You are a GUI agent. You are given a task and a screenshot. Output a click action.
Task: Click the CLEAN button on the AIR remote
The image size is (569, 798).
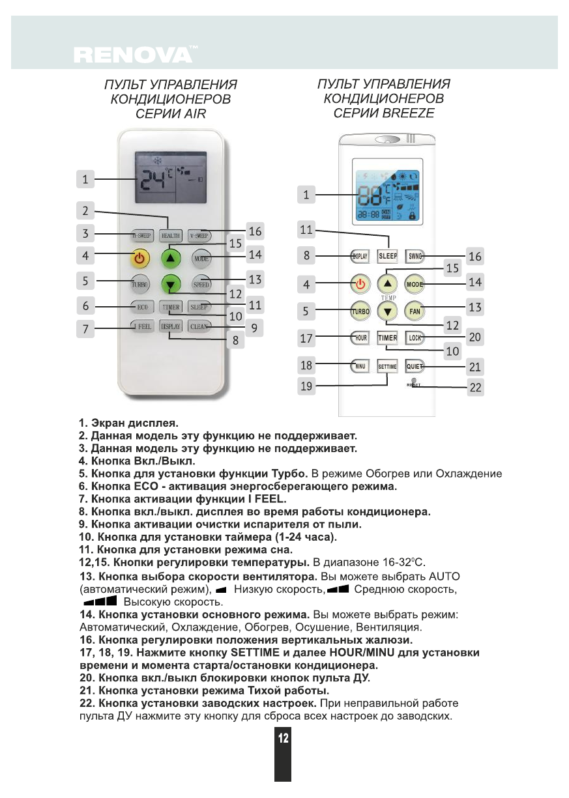[199, 326]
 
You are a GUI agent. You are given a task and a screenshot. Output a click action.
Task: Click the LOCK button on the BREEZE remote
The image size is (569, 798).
[415, 337]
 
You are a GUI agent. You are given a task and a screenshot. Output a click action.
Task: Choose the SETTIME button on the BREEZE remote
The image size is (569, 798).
[387, 366]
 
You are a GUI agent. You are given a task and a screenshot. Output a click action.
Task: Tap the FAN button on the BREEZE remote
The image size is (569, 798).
[415, 311]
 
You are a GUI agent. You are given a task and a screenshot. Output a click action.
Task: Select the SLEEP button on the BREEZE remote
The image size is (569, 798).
[388, 256]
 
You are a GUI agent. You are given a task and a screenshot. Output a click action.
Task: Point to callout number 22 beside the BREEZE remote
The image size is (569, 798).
[475, 388]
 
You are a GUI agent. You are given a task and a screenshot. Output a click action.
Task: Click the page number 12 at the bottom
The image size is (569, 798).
[283, 738]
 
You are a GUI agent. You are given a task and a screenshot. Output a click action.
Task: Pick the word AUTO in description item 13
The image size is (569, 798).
[444, 577]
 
